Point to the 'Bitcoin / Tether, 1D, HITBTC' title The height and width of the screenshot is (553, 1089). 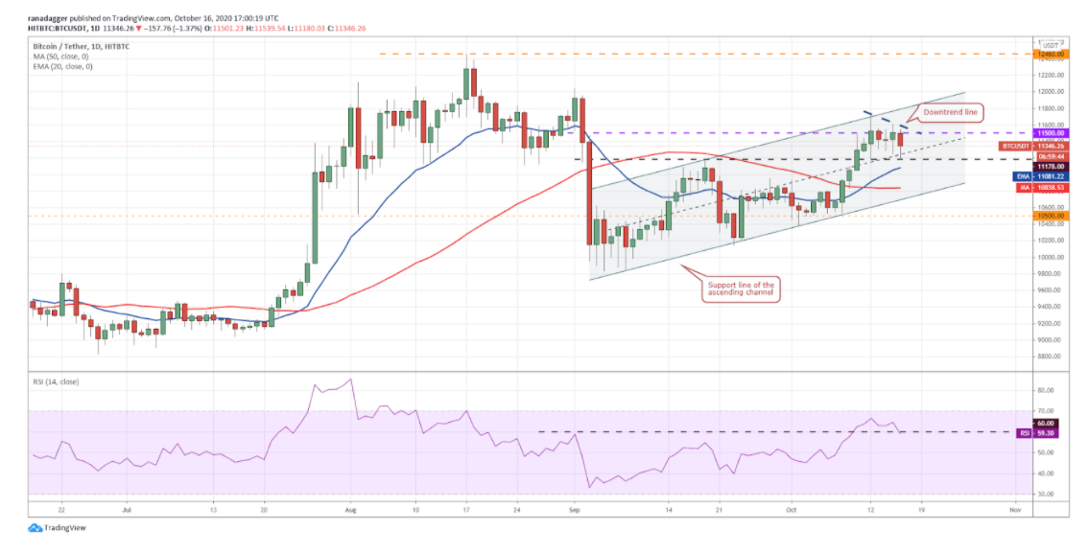(81, 46)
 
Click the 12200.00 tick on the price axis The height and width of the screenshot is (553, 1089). (1050, 75)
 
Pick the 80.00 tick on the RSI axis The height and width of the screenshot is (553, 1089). (1046, 391)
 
